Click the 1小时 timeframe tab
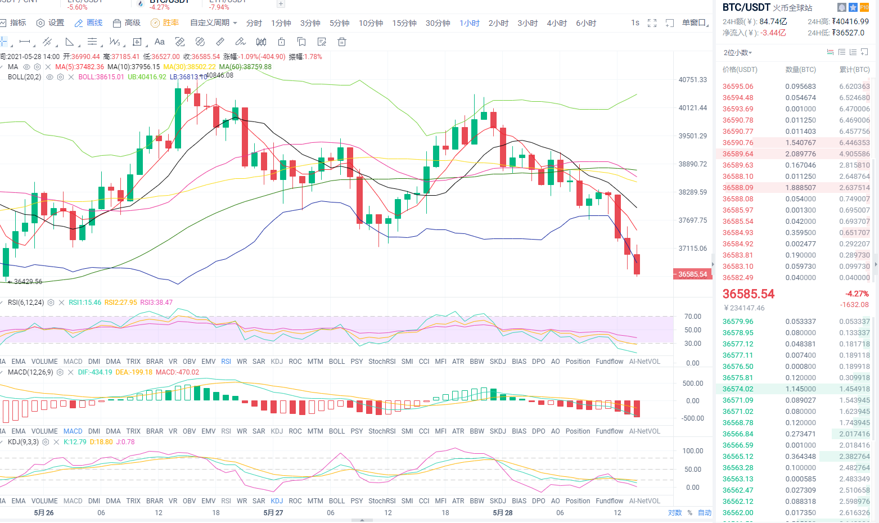(469, 23)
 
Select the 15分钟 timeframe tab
(404, 23)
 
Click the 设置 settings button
(51, 23)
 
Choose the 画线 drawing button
(89, 23)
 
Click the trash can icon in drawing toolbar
(341, 42)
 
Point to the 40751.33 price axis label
(692, 80)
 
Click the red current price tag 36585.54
(692, 274)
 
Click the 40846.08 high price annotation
(219, 75)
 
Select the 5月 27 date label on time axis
(273, 513)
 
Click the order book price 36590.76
(738, 143)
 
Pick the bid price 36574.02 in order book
(738, 389)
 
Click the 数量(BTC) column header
(800, 70)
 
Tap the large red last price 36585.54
(749, 294)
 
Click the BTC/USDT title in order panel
(746, 7)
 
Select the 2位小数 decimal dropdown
(737, 53)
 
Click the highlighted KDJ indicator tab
(277, 501)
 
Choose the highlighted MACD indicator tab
(73, 431)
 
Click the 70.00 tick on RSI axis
(692, 317)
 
